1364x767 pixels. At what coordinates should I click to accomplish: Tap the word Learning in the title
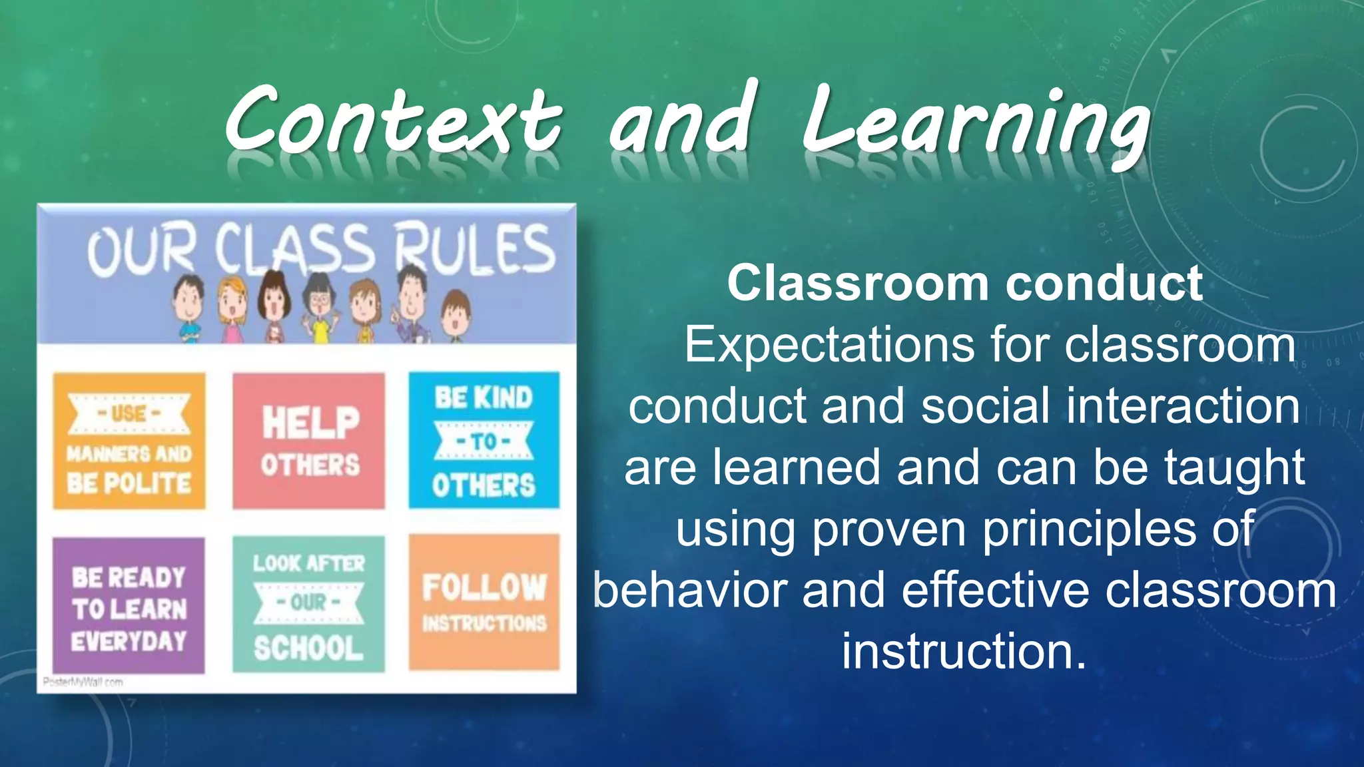pyautogui.click(x=976, y=127)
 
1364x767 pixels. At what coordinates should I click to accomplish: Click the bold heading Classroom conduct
pyautogui.click(x=964, y=283)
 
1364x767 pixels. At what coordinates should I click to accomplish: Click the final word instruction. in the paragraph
pyautogui.click(x=964, y=651)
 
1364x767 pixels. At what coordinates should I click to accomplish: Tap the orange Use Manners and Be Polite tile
pyautogui.click(x=129, y=441)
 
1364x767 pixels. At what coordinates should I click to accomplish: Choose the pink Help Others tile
pyautogui.click(x=309, y=441)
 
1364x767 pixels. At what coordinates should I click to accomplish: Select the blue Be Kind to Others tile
pyautogui.click(x=484, y=441)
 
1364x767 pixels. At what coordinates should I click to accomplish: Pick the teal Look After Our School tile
pyautogui.click(x=309, y=605)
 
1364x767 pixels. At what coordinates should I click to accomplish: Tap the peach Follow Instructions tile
pyautogui.click(x=484, y=603)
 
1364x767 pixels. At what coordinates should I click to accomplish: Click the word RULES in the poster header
pyautogui.click(x=474, y=250)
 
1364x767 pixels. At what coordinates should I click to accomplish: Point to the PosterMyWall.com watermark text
pyautogui.click(x=83, y=682)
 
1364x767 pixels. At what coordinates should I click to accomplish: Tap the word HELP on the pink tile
pyautogui.click(x=310, y=423)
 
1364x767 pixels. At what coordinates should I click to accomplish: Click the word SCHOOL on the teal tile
pyautogui.click(x=309, y=648)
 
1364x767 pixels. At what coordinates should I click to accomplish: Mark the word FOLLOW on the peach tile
pyautogui.click(x=484, y=587)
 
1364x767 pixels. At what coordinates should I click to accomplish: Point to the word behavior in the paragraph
pyautogui.click(x=689, y=591)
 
